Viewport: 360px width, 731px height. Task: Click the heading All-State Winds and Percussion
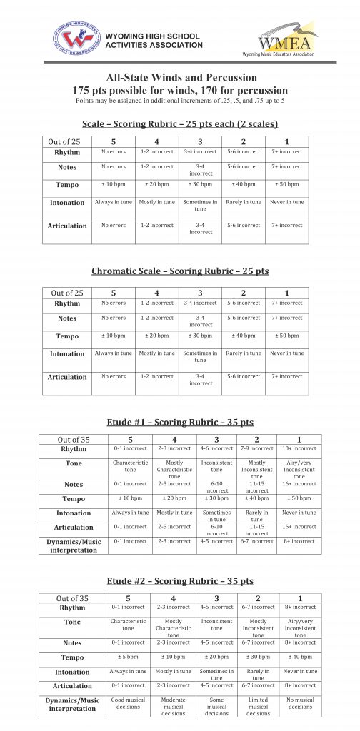[181, 78]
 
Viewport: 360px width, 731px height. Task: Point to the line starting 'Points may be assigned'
[180, 101]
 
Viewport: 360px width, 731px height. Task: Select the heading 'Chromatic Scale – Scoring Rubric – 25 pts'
[180, 271]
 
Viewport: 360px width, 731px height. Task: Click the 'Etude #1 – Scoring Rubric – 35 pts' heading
[180, 422]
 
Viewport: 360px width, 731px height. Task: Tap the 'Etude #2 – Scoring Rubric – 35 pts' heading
[180, 582]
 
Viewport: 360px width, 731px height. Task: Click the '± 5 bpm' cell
[128, 657]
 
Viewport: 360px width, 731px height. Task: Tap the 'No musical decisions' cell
[300, 703]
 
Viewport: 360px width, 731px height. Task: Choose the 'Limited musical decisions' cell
[258, 707]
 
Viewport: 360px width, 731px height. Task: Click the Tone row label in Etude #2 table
[72, 622]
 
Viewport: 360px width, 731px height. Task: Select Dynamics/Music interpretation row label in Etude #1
[73, 545]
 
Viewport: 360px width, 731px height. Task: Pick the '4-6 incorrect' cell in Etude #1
[216, 448]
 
